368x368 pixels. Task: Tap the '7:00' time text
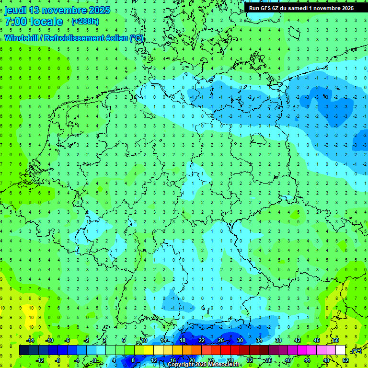(x=15, y=22)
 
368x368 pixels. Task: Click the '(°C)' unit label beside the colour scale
(x=356, y=351)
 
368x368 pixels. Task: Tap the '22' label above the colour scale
(x=202, y=340)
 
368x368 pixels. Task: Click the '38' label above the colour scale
(x=278, y=340)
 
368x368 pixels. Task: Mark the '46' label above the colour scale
(x=316, y=340)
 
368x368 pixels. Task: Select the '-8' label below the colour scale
(x=58, y=360)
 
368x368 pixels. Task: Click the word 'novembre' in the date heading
(x=60, y=10)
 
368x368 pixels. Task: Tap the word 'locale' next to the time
(x=46, y=22)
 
